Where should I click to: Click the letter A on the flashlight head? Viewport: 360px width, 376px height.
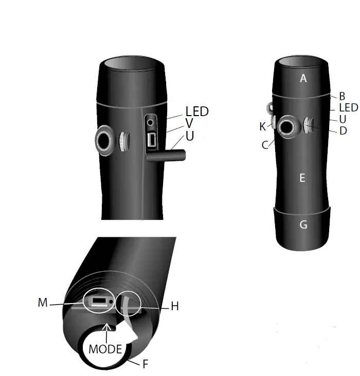303,79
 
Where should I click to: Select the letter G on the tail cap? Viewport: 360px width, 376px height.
303,224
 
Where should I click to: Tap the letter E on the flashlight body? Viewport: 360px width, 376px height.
302,178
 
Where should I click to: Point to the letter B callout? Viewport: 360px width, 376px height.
341,96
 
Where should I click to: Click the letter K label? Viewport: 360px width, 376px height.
262,126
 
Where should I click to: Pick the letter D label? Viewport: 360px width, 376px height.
343,131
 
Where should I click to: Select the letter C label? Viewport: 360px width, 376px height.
265,145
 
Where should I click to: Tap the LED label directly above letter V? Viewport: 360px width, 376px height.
197,111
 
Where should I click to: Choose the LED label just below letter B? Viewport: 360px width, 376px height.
348,108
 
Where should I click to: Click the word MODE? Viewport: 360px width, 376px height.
105,350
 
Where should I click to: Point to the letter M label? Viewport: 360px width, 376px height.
43,303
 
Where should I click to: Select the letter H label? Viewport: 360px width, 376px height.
174,306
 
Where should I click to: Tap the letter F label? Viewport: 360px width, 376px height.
146,364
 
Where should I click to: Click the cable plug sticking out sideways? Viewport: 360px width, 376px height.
167,155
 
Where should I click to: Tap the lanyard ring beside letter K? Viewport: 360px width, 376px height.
268,107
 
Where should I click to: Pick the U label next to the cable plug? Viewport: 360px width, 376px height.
190,137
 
